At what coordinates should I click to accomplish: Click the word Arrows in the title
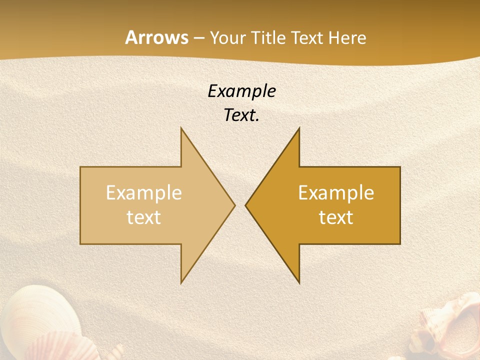coord(156,38)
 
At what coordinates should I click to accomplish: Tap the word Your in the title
coord(227,38)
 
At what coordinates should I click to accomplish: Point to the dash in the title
coord(198,38)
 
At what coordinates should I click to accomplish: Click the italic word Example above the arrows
coord(241,91)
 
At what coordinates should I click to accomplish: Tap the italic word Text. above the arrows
coord(241,115)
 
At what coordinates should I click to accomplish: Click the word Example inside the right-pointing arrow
coord(143,193)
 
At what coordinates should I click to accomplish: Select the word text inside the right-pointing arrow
coord(143,217)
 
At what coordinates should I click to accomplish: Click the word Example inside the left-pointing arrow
coord(336,193)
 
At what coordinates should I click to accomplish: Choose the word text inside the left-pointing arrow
coord(336,217)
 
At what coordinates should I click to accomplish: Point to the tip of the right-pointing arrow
coord(234,205)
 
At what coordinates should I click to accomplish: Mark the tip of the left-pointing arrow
coord(246,205)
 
